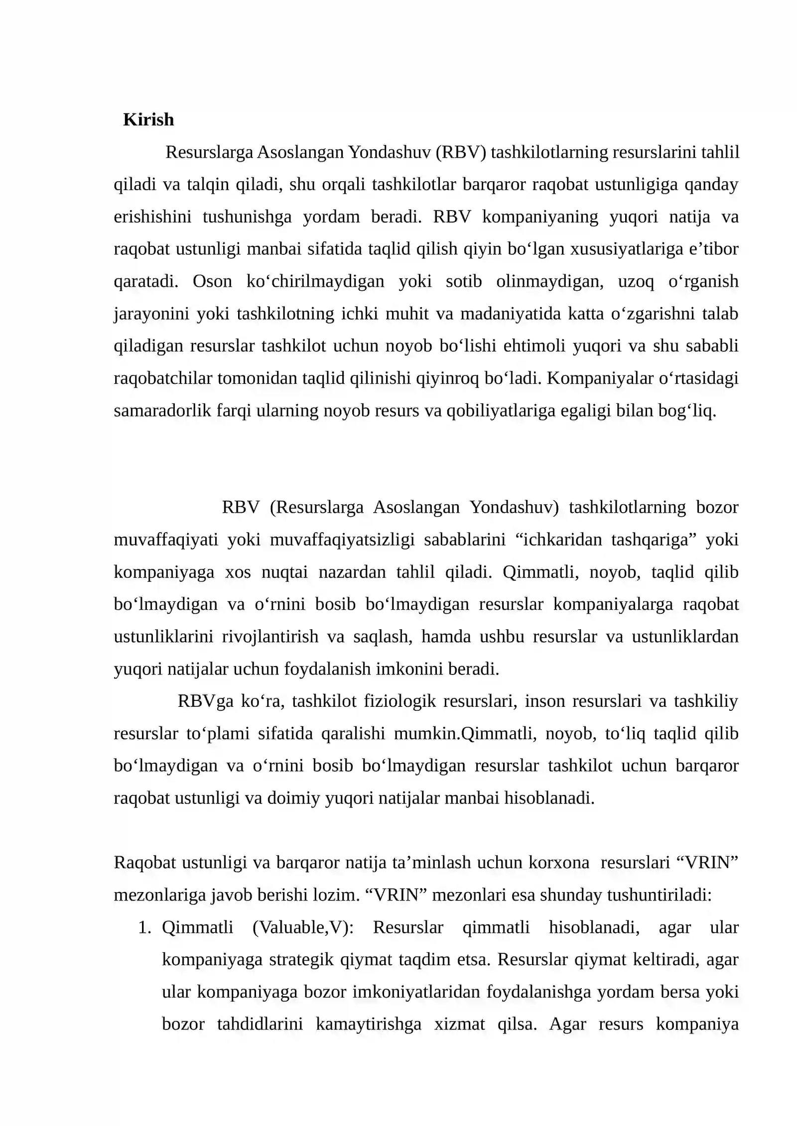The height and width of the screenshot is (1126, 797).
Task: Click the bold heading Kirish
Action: (x=148, y=120)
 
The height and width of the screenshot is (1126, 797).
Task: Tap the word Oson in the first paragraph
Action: (x=212, y=282)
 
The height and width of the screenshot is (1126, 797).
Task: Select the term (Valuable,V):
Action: (x=303, y=928)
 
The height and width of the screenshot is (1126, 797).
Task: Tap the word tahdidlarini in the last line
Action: (x=260, y=1024)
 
